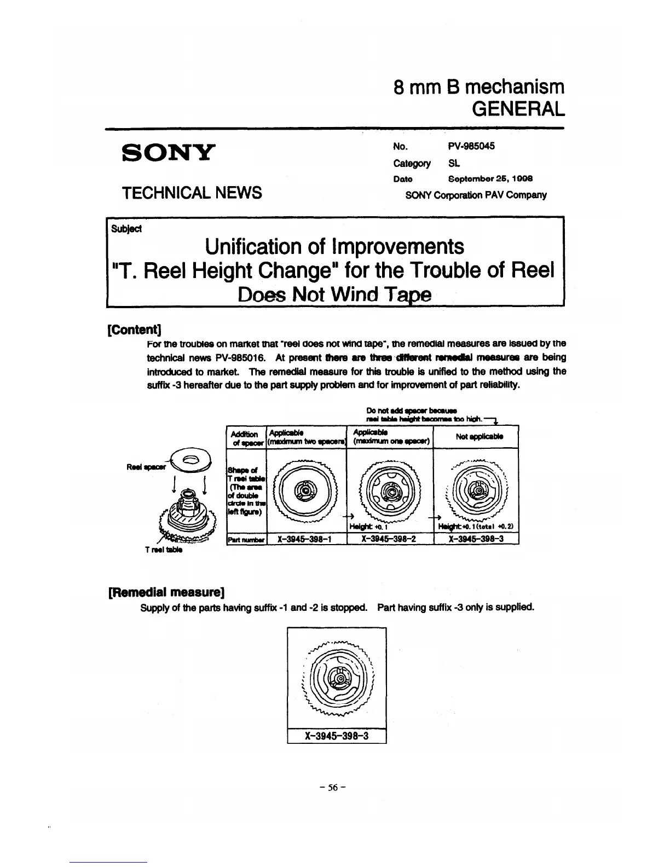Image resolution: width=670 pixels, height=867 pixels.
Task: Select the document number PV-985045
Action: (x=471, y=146)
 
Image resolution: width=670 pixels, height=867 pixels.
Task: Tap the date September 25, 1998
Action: (x=490, y=179)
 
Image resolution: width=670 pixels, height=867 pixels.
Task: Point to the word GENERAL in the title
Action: (x=517, y=109)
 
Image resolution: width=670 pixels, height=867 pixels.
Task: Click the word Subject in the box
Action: (x=126, y=228)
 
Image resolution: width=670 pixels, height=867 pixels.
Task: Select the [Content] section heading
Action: (x=134, y=330)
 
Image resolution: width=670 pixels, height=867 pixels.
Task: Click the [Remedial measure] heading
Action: (x=168, y=592)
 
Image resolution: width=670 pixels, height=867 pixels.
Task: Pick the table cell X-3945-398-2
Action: (x=389, y=539)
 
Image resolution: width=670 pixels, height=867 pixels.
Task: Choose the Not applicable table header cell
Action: (x=475, y=436)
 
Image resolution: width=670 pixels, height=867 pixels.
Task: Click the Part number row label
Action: (x=246, y=539)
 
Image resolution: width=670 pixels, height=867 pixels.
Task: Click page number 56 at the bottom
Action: (x=334, y=788)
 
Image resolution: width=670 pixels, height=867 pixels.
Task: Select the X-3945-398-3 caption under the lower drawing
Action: (x=337, y=736)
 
